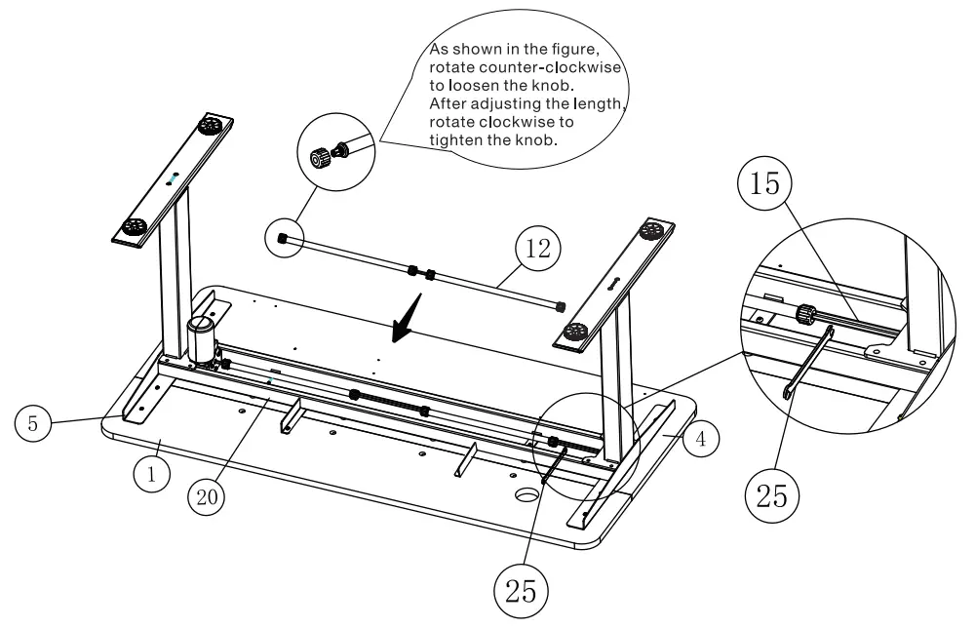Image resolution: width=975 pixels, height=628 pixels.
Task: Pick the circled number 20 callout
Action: coord(207,494)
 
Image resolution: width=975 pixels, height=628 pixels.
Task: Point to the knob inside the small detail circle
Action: coord(321,157)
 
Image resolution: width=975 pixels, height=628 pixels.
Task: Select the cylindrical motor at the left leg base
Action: coord(202,338)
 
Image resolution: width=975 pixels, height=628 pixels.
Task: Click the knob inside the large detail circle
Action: coord(806,314)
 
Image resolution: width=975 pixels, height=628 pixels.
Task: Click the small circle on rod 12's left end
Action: coord(281,239)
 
